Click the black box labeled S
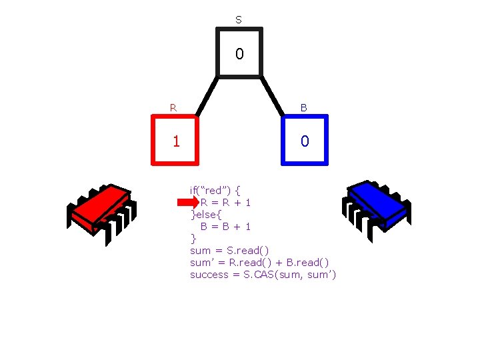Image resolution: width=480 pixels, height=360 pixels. coord(239,53)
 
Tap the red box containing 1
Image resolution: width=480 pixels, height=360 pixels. coord(176,140)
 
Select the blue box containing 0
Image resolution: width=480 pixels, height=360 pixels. coord(305,140)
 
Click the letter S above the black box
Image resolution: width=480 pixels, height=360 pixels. coord(239,20)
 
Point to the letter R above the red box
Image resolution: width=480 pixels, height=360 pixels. coord(173,107)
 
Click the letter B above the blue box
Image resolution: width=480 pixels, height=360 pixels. coord(303,107)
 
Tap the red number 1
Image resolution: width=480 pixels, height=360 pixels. coord(176,141)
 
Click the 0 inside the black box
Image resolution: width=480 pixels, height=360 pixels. coord(239,53)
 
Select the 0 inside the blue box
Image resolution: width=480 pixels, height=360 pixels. coord(305,141)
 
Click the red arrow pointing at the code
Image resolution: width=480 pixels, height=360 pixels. coord(185,203)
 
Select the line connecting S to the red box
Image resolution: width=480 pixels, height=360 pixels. coord(206,97)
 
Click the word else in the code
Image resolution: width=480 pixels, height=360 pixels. coord(209,215)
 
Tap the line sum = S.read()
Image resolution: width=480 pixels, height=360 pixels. coord(229,251)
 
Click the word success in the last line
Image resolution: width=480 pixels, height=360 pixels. coord(209,275)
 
